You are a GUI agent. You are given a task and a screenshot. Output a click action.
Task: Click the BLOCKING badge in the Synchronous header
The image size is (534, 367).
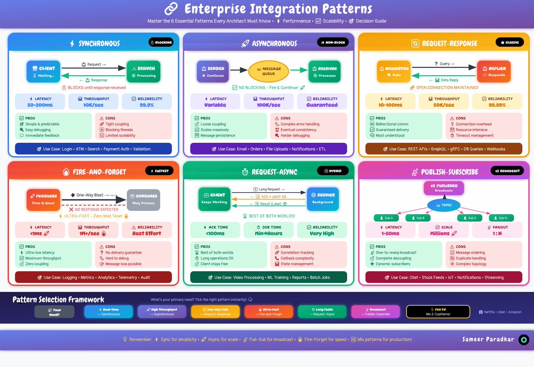tap(161, 43)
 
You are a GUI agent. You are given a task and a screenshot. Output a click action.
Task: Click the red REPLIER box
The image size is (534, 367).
tap(494, 72)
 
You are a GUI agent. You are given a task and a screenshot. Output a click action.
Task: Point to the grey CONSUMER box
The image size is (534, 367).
tap(143, 199)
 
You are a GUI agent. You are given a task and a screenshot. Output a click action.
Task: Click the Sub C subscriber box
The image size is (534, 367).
tap(469, 218)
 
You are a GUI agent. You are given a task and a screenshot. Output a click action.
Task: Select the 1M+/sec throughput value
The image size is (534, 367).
tap(93, 233)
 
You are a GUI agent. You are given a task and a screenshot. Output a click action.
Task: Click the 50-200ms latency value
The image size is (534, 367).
tap(40, 105)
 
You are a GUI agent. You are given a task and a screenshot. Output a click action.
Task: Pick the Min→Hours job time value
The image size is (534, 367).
tap(268, 233)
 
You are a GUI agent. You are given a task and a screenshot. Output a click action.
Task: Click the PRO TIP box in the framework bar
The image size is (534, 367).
tap(438, 311)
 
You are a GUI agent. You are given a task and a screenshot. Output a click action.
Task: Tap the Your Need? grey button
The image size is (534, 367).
tap(54, 311)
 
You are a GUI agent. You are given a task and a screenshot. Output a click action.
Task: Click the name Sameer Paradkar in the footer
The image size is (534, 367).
tap(488, 339)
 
